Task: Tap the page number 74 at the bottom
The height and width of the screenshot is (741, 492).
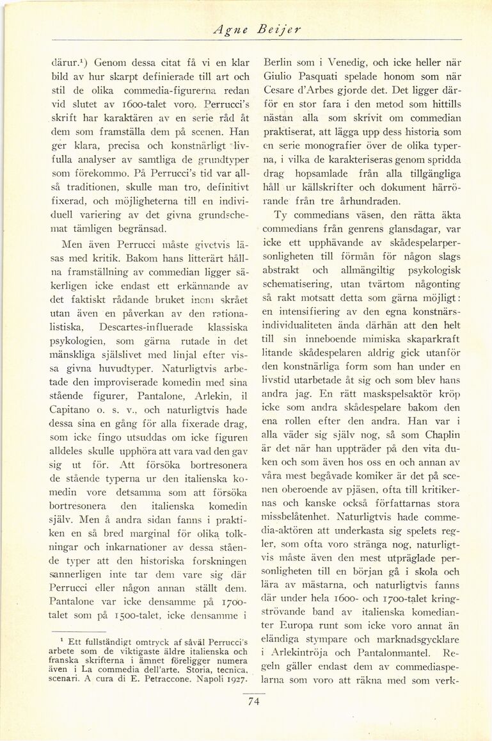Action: tap(253, 701)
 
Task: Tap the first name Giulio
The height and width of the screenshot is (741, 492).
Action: tap(279, 77)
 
